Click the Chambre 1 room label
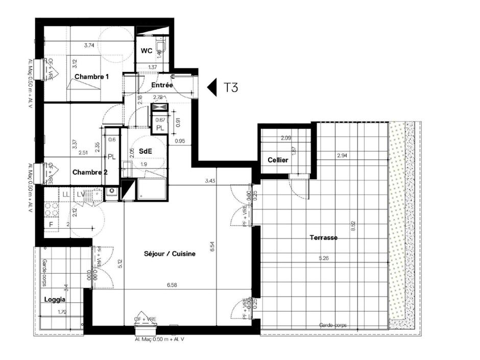[92, 77]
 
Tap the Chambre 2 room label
[90, 172]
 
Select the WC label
[147, 51]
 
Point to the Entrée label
[162, 85]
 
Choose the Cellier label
[278, 160]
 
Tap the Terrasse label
[324, 237]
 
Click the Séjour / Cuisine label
[170, 253]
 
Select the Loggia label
[54, 299]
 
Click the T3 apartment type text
[231, 87]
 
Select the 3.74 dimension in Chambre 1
[89, 45]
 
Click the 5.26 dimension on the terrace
[324, 258]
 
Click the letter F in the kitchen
[51, 224]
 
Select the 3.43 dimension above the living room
[209, 180]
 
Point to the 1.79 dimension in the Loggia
[62, 312]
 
